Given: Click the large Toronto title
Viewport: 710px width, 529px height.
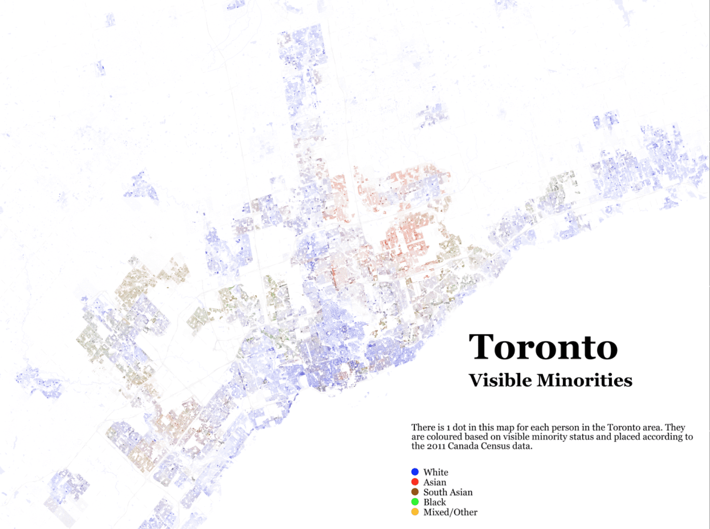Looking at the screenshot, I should [x=543, y=347].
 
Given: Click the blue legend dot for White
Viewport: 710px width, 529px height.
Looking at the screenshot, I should [x=415, y=472].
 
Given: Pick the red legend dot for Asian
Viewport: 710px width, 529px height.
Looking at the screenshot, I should [x=415, y=482].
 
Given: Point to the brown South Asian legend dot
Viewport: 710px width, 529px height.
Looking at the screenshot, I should [x=415, y=492].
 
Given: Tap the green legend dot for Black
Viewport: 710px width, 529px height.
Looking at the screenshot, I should [x=415, y=502].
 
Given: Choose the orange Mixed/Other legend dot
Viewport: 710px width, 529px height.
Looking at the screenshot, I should [x=415, y=512].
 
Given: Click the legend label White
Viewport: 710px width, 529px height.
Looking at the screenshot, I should [x=436, y=472].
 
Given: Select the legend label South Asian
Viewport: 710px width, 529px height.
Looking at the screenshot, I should [x=448, y=492].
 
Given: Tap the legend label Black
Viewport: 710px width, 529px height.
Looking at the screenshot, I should [x=435, y=502].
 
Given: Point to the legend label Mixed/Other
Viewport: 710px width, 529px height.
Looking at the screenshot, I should [x=450, y=512].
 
